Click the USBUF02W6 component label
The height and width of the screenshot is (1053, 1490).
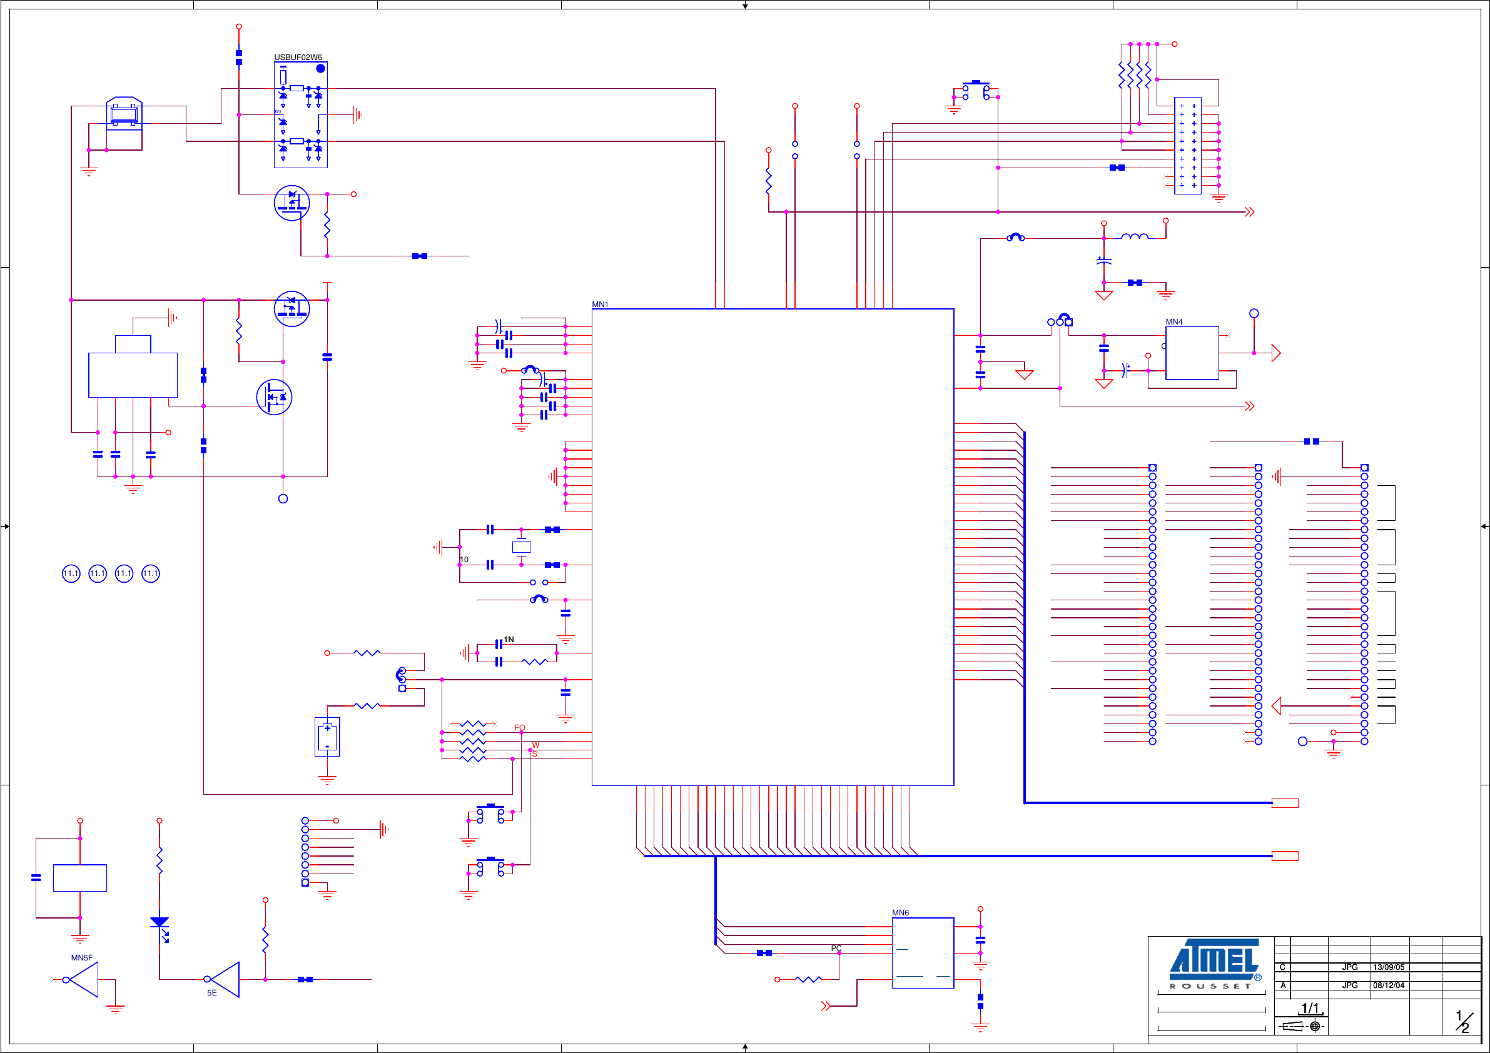point(298,57)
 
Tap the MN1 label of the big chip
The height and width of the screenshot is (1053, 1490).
point(600,305)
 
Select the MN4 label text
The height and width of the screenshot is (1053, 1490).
point(1174,322)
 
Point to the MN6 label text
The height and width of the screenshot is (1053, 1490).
point(900,913)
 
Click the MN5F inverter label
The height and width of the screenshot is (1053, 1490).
point(82,957)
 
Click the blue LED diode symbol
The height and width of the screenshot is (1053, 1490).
point(160,923)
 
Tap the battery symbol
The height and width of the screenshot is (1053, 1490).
point(327,737)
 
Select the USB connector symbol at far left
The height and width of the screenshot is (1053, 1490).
point(124,114)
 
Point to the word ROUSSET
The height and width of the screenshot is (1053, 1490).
point(1210,986)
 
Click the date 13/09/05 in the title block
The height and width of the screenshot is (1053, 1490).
point(1388,967)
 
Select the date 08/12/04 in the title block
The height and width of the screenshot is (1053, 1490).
point(1388,985)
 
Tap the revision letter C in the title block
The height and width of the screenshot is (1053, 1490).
point(1282,967)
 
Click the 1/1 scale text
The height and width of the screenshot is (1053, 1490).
point(1310,1008)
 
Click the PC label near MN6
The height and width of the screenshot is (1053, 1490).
point(836,949)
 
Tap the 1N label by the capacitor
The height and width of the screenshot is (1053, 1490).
point(509,640)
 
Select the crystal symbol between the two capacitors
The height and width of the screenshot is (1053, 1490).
point(521,547)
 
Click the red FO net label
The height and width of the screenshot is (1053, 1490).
point(519,728)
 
